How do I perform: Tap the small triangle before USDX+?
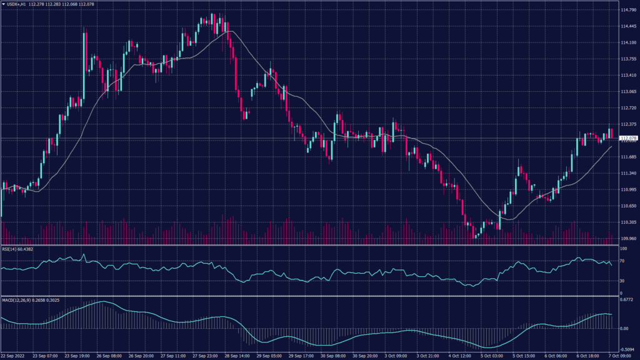click(4, 4)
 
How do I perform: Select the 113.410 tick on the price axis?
click(629, 75)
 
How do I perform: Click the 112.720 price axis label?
click(629, 107)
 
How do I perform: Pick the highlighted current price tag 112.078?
click(629, 137)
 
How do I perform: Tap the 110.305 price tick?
click(629, 222)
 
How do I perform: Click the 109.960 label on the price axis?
click(629, 238)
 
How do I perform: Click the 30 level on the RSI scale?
click(622, 280)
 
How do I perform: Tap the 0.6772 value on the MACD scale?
click(627, 299)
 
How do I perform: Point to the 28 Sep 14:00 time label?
click(239, 356)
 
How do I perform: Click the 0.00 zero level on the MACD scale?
click(624, 328)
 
